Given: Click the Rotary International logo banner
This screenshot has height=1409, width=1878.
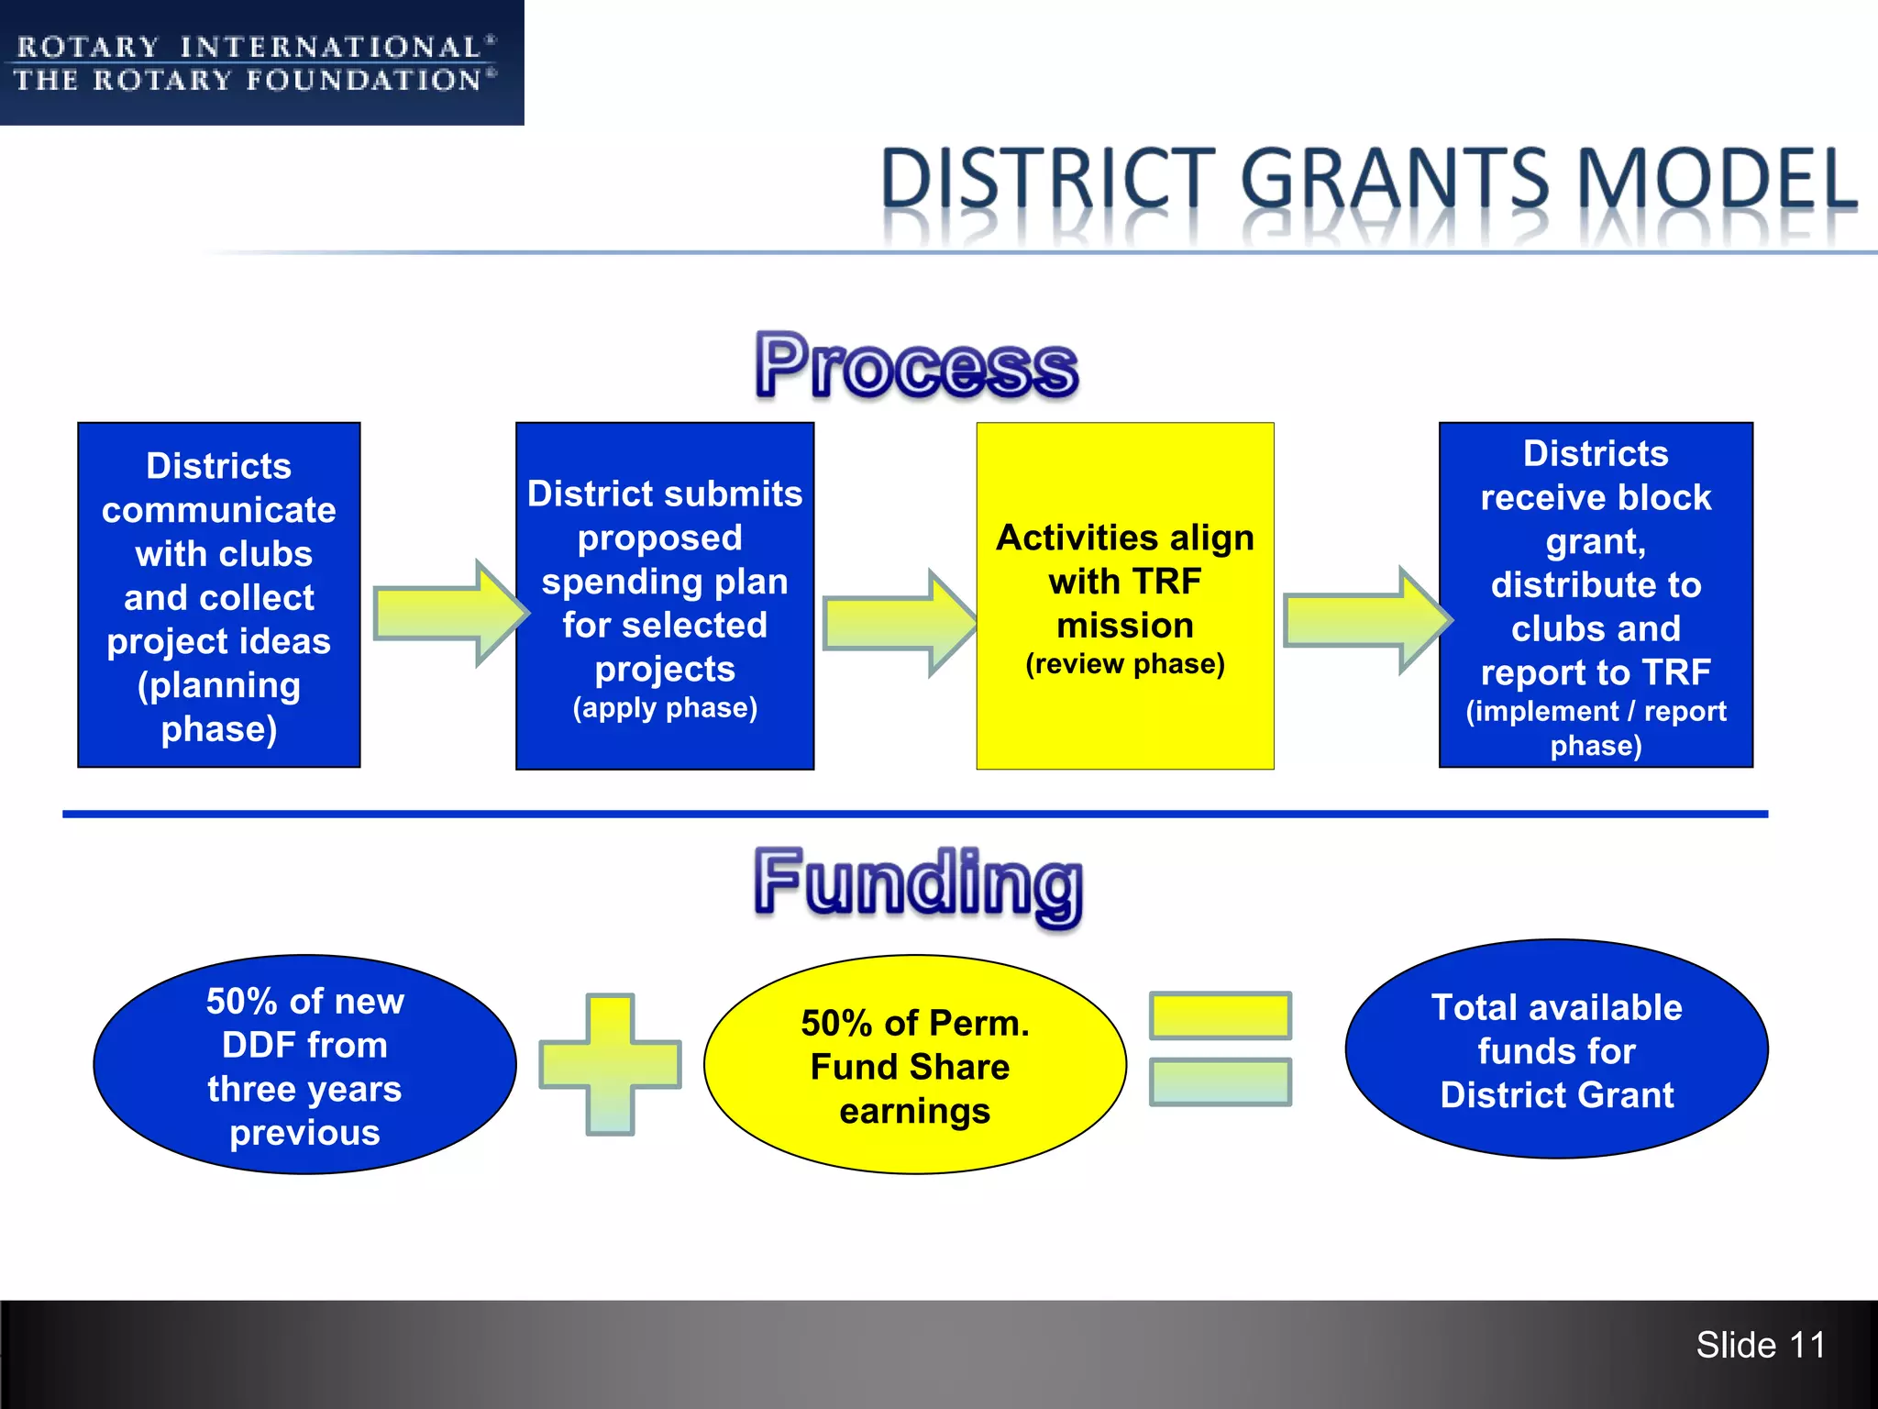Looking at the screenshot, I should click(x=261, y=62).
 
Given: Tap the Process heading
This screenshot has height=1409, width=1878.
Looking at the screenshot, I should click(x=916, y=367).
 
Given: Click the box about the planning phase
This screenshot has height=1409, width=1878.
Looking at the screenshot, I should click(x=219, y=595).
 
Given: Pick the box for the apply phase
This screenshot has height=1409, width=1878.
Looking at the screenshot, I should click(x=665, y=596).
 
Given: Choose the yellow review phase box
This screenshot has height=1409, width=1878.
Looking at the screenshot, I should click(x=1125, y=596).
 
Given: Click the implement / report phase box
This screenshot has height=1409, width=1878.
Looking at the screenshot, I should click(x=1596, y=595).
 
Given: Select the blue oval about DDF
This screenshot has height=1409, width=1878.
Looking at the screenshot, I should click(x=304, y=1065).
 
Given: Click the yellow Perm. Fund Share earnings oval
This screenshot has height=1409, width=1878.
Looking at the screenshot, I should click(x=915, y=1065).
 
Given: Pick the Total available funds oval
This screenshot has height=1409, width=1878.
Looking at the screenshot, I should click(x=1556, y=1049).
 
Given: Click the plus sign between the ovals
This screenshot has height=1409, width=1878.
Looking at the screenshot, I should click(x=611, y=1065).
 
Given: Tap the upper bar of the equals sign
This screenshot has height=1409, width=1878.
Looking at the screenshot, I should click(x=1221, y=1015).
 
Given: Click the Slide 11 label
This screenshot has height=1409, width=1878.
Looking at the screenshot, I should click(x=1760, y=1346).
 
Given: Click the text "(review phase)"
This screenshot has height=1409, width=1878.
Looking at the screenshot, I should click(x=1125, y=663).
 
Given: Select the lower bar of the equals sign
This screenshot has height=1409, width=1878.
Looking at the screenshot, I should click(x=1221, y=1082).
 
